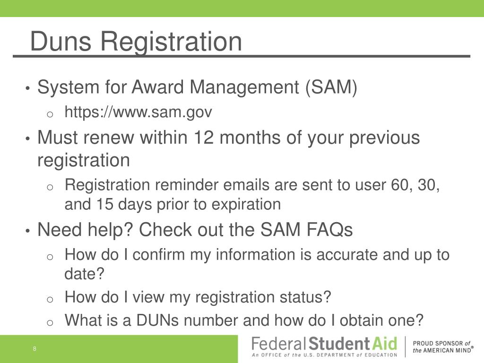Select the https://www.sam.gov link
138,112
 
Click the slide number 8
35,349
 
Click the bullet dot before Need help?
28,231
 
